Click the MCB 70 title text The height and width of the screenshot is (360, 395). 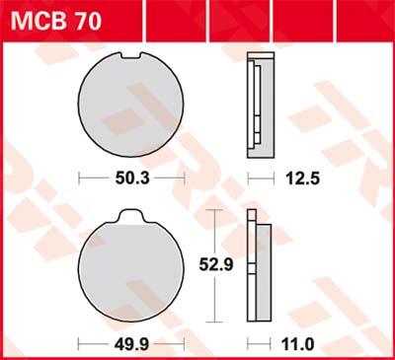(56, 21)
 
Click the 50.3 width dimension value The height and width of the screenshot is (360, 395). (132, 179)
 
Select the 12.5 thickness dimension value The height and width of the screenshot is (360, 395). (302, 179)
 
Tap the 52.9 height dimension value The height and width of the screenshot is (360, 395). (216, 264)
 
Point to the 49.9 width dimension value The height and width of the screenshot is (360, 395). (131, 344)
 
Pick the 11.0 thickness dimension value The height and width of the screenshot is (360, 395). (297, 345)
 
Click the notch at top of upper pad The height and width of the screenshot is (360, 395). (133, 56)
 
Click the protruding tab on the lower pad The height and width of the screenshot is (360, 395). (131, 216)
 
